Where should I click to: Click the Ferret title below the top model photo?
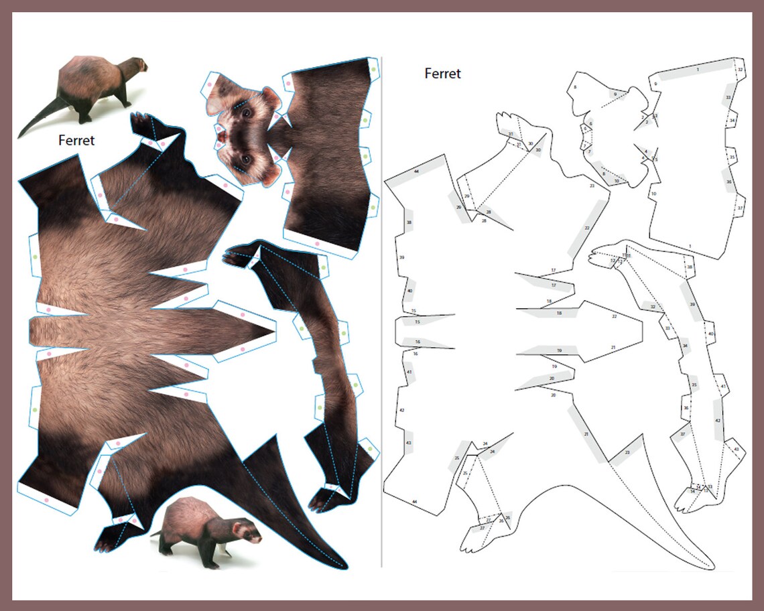[x=76, y=141]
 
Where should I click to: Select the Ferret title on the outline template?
[x=442, y=74]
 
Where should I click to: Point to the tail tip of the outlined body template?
[x=709, y=564]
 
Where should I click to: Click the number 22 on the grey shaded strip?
[x=587, y=228]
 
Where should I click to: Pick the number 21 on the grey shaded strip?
[x=586, y=434]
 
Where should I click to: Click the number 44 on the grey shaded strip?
[x=417, y=172]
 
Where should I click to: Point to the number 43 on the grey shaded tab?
[x=409, y=444]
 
